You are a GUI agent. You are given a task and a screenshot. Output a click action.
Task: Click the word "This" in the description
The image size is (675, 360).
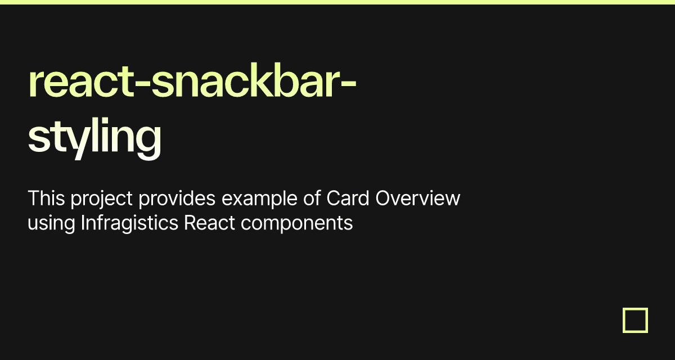pyautogui.click(x=46, y=198)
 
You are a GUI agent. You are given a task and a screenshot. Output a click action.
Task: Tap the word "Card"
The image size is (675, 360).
pyautogui.click(x=348, y=198)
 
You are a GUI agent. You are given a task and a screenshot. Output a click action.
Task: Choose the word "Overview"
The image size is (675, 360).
pyautogui.click(x=417, y=198)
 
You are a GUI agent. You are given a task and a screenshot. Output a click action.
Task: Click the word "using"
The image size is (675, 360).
pyautogui.click(x=51, y=224)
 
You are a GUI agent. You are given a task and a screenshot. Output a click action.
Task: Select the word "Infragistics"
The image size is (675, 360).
pyautogui.click(x=129, y=224)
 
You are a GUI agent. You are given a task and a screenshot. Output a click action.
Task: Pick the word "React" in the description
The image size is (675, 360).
pyautogui.click(x=209, y=223)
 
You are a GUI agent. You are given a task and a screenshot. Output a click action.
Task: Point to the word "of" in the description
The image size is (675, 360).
pyautogui.click(x=312, y=198)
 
